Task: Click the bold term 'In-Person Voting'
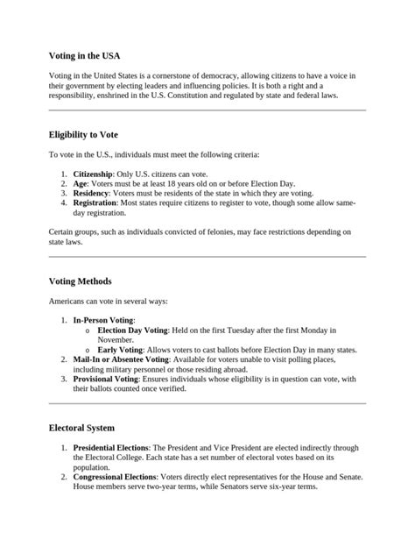(103, 321)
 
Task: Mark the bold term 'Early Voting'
(120, 349)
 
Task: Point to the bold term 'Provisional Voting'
(109, 379)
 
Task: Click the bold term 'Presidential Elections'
(110, 447)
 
